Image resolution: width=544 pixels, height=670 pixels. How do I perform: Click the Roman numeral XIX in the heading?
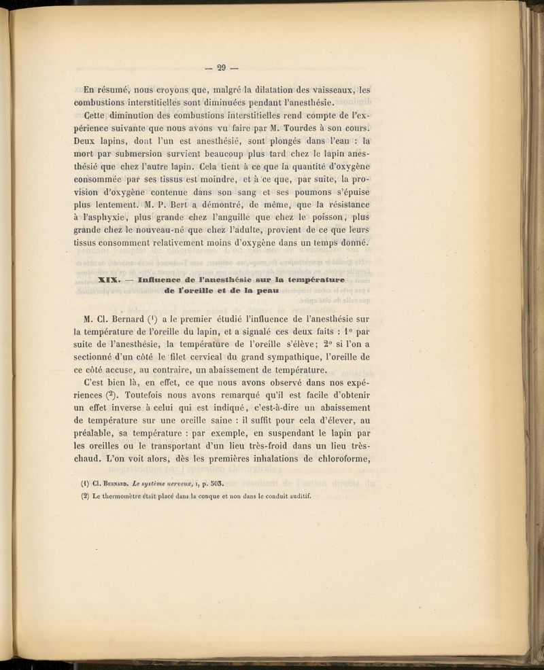pyautogui.click(x=109, y=280)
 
